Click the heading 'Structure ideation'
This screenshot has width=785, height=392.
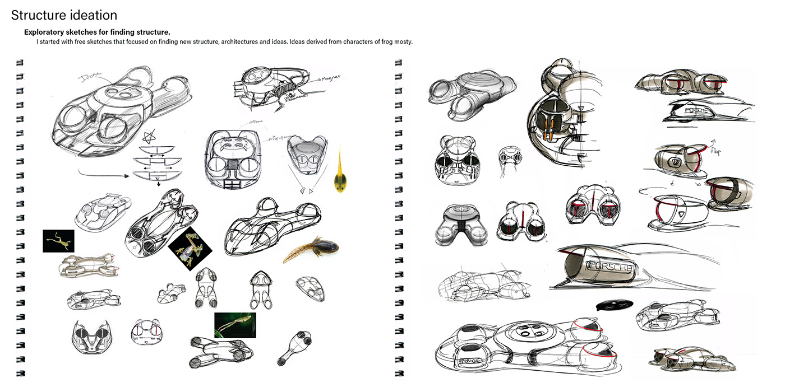pos(64,15)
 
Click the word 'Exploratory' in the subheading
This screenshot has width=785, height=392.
pos(45,32)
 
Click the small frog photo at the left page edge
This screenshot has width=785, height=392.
pos(58,241)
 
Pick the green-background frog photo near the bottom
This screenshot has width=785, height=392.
pos(235,325)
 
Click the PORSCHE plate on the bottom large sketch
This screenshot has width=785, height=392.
pos(470,362)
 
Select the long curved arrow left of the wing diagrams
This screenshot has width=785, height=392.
pos(104,176)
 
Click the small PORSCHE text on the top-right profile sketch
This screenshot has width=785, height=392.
pos(692,111)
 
